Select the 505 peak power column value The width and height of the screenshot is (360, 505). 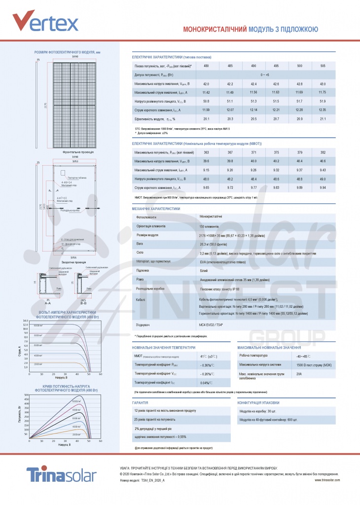tap(323, 66)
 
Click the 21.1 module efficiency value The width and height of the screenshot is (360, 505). tap(323, 119)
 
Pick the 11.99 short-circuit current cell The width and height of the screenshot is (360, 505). tap(206, 109)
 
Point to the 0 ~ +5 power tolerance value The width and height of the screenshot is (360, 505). tap(265, 74)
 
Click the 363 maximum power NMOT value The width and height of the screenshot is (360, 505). tap(206, 152)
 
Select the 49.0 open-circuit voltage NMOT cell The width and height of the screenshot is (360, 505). tap(323, 179)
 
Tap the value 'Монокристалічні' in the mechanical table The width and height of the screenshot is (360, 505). tap(211, 216)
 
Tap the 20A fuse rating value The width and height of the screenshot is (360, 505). tap(299, 374)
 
